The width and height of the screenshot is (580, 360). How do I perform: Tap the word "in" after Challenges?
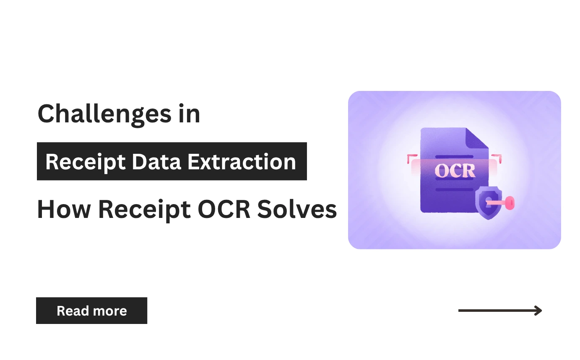pyautogui.click(x=188, y=114)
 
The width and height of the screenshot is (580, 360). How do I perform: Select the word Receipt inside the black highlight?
pyautogui.click(x=84, y=162)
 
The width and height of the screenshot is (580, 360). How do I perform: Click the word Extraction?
pyautogui.click(x=242, y=162)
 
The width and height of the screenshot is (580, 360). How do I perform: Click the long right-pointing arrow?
pyautogui.click(x=500, y=311)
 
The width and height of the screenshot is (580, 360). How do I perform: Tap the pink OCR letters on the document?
pyautogui.click(x=455, y=170)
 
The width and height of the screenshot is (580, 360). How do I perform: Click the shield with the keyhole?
pyautogui.click(x=488, y=203)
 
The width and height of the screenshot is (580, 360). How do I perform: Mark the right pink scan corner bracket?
pyautogui.click(x=499, y=158)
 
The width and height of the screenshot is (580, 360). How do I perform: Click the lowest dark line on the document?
pyautogui.click(x=455, y=189)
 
